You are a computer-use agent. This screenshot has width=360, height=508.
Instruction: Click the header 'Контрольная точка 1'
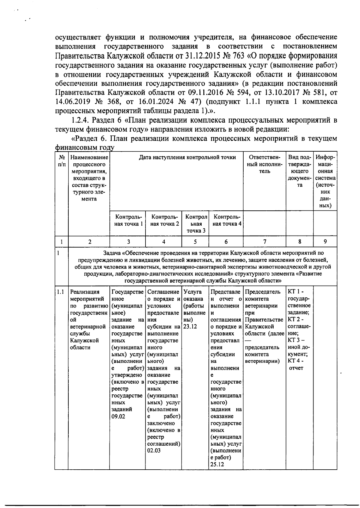coord(127,220)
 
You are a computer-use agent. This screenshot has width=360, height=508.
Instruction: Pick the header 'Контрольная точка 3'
coord(196,224)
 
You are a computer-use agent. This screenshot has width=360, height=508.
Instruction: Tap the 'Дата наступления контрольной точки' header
coord(187,157)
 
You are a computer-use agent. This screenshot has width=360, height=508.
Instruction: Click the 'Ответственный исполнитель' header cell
coord(264,164)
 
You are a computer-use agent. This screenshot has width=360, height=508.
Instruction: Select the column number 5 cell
coord(195,242)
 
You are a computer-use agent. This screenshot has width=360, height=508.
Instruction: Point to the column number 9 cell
coord(325,242)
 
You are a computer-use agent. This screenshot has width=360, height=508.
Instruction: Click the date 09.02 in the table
coord(118,417)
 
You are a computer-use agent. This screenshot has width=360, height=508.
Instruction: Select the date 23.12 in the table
coord(190,327)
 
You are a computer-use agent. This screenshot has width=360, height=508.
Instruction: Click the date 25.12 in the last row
coord(217,465)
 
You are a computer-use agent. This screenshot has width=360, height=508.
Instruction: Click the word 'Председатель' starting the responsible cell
coord(262,292)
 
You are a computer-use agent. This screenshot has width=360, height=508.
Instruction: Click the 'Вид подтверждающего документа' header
coord(299,171)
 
